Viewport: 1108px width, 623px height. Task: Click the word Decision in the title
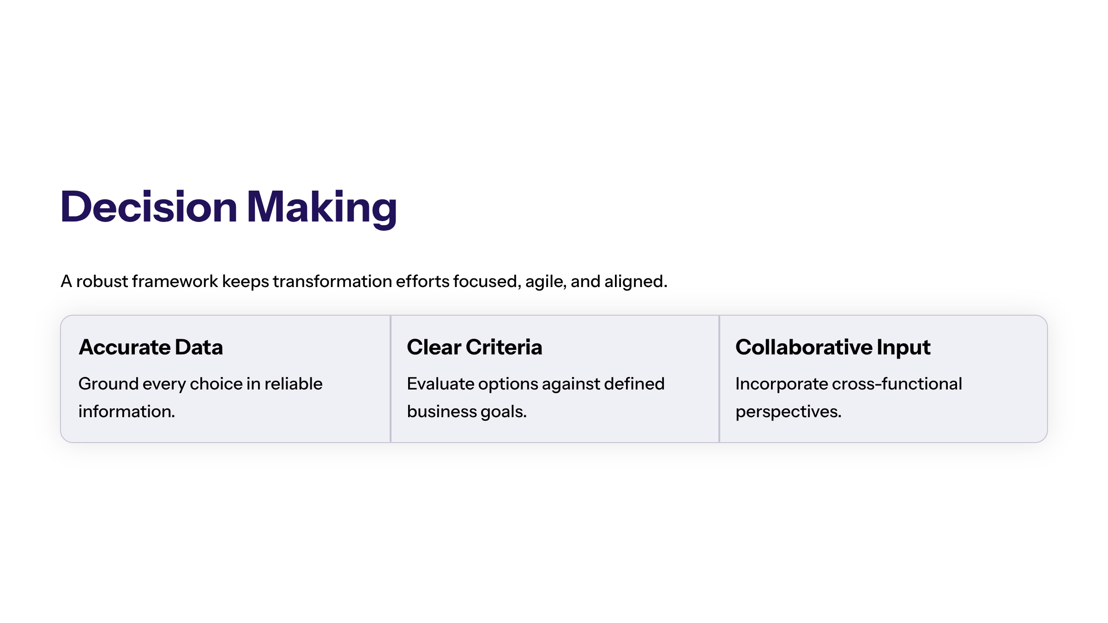pos(149,207)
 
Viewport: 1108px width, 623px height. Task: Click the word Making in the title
pos(322,207)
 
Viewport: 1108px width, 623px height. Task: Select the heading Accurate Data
pos(151,347)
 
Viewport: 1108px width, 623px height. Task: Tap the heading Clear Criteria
pos(475,347)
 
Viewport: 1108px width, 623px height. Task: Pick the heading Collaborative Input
pos(833,347)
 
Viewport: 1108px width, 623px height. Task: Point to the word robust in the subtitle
pos(102,281)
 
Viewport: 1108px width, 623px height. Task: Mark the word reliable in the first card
pos(293,384)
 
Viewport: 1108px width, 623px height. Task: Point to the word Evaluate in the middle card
pos(440,384)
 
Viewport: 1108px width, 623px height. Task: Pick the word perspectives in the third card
pos(788,412)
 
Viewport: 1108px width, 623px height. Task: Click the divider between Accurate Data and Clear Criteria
pos(391,379)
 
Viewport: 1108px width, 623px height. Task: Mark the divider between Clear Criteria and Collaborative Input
pos(719,379)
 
